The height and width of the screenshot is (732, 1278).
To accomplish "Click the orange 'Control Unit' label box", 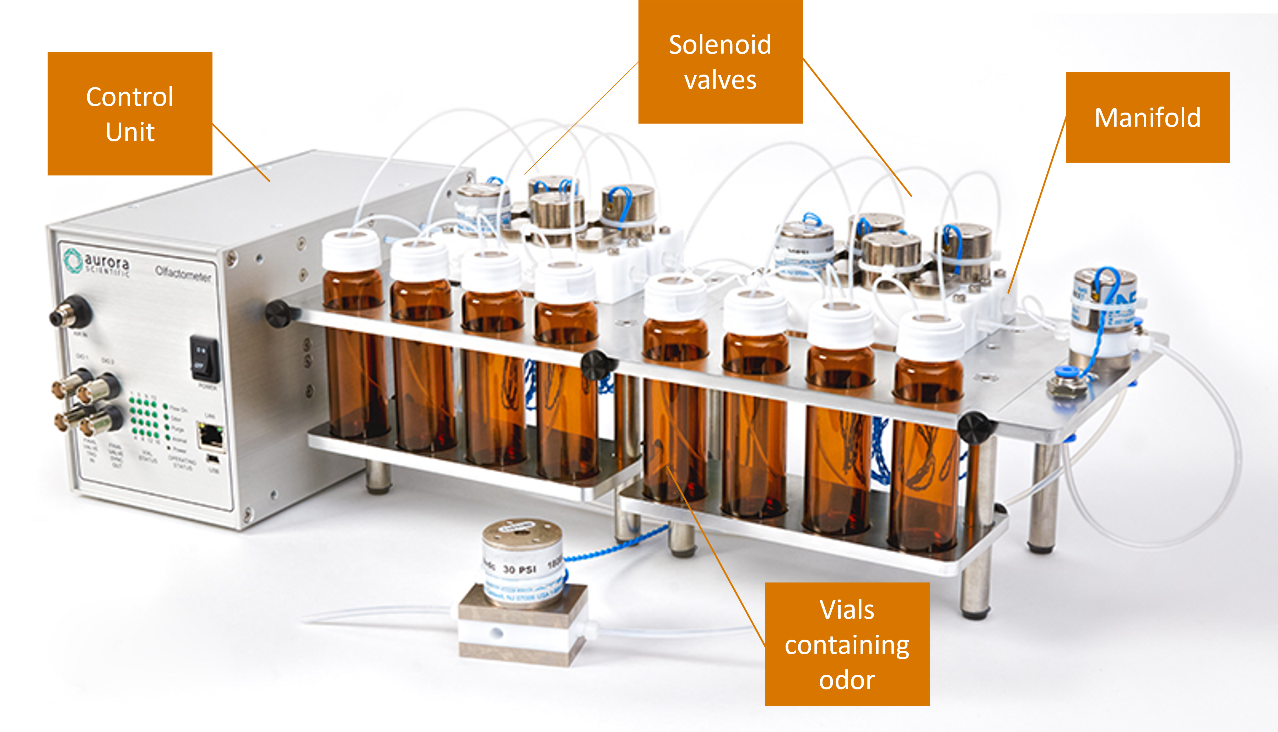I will [130, 114].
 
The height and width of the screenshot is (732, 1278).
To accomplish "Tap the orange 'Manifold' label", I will [1147, 117].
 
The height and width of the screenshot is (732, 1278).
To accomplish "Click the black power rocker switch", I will [204, 359].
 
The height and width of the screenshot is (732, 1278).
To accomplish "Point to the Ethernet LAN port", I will [211, 435].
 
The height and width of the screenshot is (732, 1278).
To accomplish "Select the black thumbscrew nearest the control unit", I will [279, 313].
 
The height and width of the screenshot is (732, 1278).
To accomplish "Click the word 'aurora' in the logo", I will [107, 262].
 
